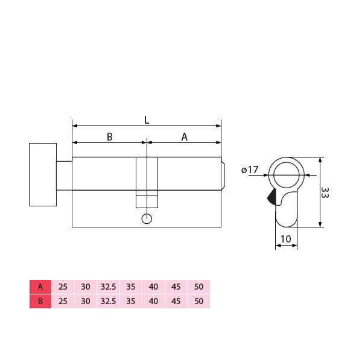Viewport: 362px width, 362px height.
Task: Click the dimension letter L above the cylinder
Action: [147, 119]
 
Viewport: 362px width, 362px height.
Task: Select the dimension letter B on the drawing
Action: [110, 137]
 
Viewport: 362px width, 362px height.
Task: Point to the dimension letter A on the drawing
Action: [185, 137]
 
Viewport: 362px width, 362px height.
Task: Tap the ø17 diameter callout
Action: [250, 170]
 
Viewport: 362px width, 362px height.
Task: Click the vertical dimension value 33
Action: [325, 193]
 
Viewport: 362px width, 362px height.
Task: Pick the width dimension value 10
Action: [286, 239]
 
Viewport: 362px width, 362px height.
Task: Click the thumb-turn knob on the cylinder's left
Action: [43, 174]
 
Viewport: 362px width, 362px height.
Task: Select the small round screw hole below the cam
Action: [147, 219]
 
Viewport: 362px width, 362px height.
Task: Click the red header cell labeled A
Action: [40, 287]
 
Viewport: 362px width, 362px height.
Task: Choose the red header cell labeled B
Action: [40, 301]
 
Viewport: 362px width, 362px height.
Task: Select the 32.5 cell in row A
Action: [108, 287]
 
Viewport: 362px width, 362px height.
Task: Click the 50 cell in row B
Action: [199, 301]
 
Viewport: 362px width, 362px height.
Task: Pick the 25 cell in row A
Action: [63, 287]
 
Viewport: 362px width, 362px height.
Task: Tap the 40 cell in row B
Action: [154, 301]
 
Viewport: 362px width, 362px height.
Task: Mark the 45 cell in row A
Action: [176, 287]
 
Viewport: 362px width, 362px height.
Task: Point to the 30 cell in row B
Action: [86, 301]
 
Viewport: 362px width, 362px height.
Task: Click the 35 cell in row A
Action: [131, 287]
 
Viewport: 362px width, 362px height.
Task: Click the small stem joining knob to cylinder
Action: [64, 174]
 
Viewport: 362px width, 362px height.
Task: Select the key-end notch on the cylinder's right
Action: [223, 174]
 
